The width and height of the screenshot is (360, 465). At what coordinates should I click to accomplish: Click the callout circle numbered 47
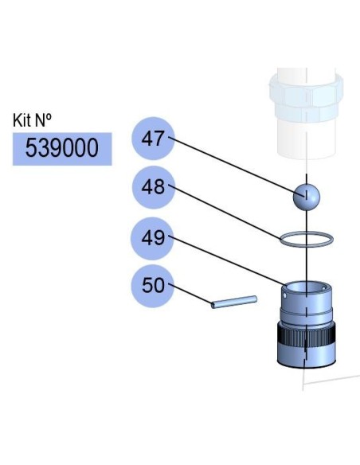153,139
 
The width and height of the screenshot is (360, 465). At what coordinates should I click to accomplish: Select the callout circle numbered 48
153,187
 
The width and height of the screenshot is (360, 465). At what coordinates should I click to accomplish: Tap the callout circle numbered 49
153,238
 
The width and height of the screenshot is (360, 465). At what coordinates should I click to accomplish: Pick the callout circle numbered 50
153,286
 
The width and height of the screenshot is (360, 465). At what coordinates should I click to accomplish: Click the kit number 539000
62,148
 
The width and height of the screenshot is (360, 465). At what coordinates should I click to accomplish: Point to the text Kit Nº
32,120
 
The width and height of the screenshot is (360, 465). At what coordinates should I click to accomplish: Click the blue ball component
307,197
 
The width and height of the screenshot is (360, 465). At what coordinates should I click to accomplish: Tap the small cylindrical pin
234,302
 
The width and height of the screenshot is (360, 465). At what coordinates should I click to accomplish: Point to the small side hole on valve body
285,295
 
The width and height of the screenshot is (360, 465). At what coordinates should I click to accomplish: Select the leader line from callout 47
237,166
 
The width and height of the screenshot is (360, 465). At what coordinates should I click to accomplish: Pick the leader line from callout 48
225,212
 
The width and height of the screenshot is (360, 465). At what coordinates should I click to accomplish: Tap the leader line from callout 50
190,294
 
